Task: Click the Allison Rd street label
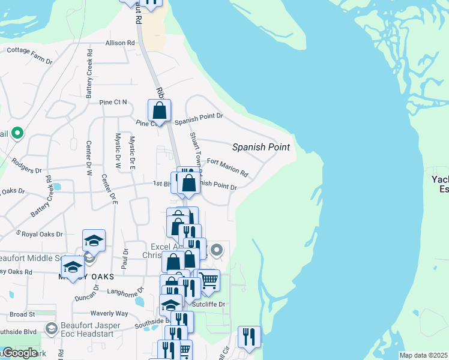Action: click(x=120, y=43)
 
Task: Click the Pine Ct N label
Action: click(x=113, y=102)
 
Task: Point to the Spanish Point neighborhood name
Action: click(x=261, y=147)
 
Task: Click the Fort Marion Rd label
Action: click(x=228, y=167)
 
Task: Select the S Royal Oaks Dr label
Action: click(x=39, y=234)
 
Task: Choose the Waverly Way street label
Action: click(x=109, y=313)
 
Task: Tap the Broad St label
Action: click(x=23, y=314)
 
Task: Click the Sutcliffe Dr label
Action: click(x=212, y=304)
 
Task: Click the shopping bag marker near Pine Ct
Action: click(x=159, y=111)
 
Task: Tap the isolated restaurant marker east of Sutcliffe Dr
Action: click(x=249, y=337)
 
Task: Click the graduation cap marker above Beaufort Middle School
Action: click(x=94, y=241)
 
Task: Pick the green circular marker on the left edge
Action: click(x=17, y=133)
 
